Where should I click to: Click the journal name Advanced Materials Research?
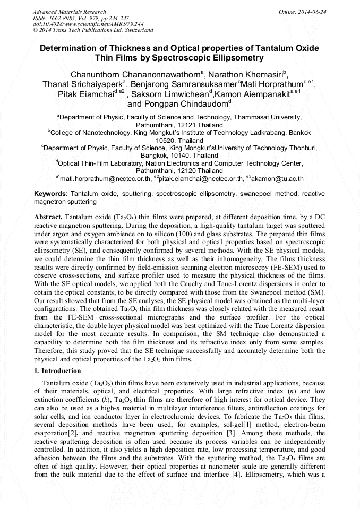[x=69, y=12]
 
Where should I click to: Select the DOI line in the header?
[x=88, y=24]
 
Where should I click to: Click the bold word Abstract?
[x=48, y=218]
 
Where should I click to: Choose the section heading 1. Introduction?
[x=62, y=370]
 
